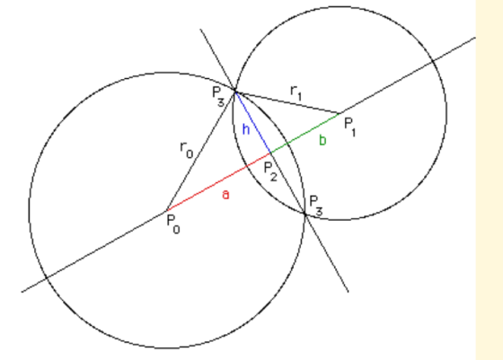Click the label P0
tap(173, 224)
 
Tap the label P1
tap(349, 127)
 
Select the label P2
tap(270, 171)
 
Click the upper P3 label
tap(218, 96)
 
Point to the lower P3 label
tap(316, 206)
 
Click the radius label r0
tap(187, 150)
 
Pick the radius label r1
tap(296, 93)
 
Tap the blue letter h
tap(246, 129)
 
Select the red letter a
tap(225, 195)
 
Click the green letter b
tap(322, 140)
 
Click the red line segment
tap(218, 182)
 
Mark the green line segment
tap(305, 133)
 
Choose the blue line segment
tap(253, 122)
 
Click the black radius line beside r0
tap(200, 151)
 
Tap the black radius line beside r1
tap(287, 102)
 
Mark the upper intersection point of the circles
tap(235, 92)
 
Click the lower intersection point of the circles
tap(305, 213)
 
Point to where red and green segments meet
tap(271, 154)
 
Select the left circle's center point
tap(166, 211)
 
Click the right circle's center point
tap(340, 113)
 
